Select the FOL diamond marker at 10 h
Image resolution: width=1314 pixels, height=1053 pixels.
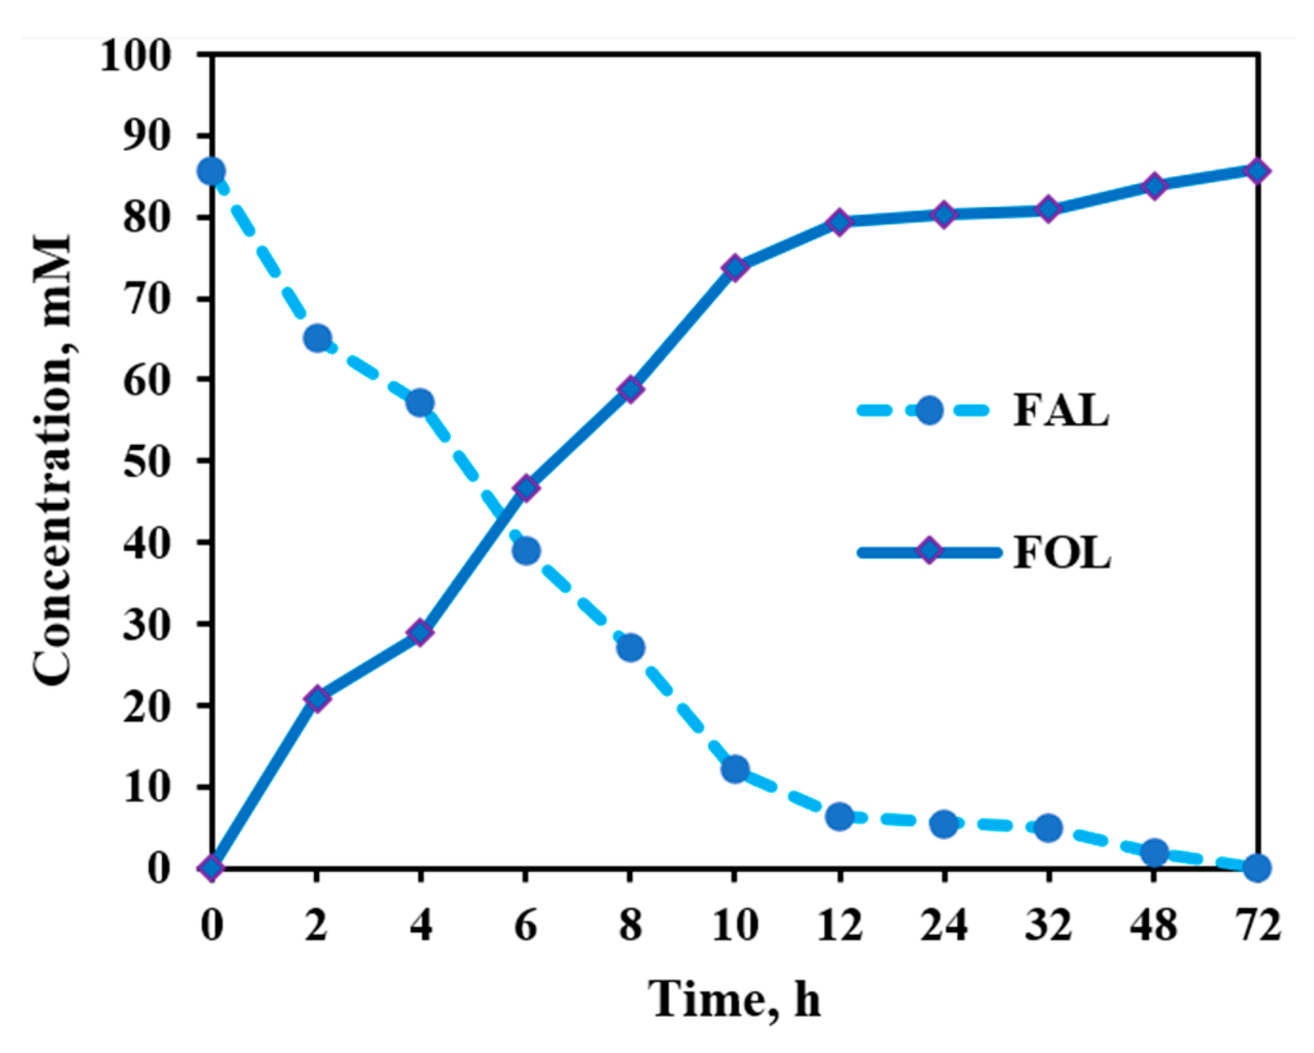tap(735, 267)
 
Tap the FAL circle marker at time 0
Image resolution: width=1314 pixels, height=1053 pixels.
tap(212, 171)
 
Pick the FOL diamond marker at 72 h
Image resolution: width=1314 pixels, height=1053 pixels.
tap(1256, 171)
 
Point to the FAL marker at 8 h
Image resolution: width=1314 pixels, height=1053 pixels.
tap(630, 648)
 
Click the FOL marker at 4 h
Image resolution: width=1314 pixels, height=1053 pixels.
tap(421, 632)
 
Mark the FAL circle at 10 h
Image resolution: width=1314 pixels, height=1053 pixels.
tap(735, 769)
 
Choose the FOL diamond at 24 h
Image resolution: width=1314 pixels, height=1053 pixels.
tap(944, 214)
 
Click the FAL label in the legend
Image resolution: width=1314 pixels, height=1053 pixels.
tap(1061, 410)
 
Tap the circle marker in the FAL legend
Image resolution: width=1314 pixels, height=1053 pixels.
tap(929, 410)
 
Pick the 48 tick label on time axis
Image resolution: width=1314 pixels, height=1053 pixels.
tap(1153, 925)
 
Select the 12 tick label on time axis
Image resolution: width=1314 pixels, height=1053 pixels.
tap(839, 925)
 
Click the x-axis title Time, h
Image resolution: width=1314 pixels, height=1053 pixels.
tap(735, 999)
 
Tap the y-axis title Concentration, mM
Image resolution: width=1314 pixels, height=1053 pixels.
tap(52, 460)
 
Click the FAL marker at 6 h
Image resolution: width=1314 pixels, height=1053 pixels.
tap(526, 550)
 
